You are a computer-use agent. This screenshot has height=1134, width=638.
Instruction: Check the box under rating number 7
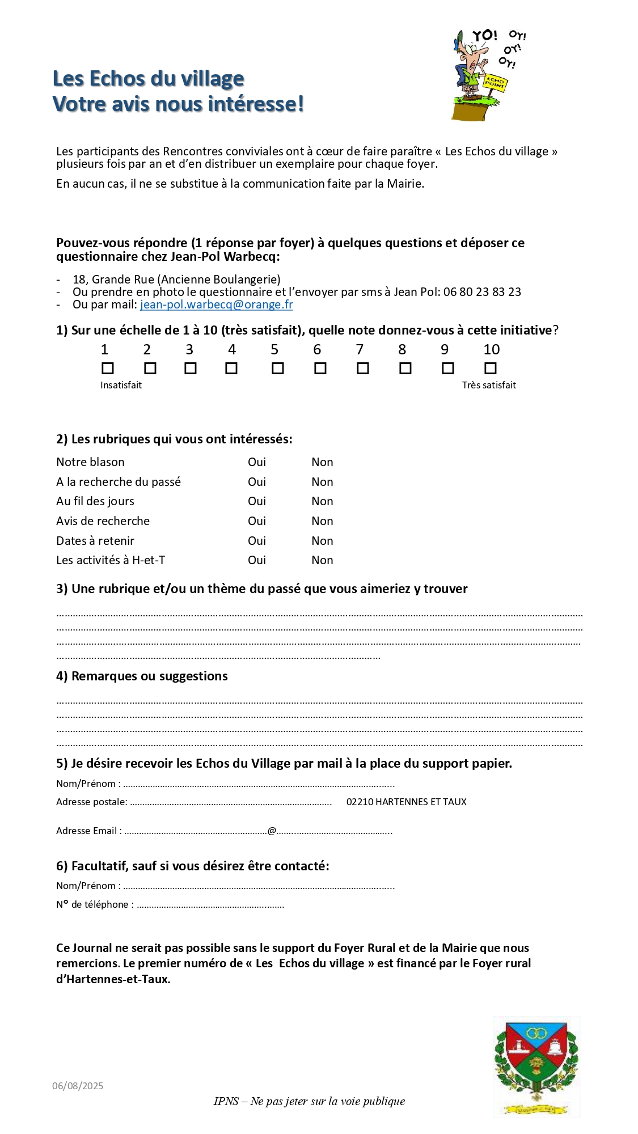click(x=362, y=369)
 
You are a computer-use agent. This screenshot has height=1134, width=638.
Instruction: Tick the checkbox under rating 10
click(x=490, y=369)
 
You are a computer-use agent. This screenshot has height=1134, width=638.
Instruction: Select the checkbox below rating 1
click(x=107, y=369)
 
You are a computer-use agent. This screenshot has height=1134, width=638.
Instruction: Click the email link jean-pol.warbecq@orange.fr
click(x=216, y=304)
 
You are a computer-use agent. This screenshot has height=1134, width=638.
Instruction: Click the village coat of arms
click(x=536, y=1066)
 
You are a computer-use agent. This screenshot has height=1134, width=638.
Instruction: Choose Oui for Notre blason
click(x=256, y=462)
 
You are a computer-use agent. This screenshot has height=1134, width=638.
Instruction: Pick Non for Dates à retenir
click(x=322, y=541)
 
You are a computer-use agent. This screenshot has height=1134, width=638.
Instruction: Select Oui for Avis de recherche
click(x=256, y=521)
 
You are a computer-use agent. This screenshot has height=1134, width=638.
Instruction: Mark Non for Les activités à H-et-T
click(x=322, y=560)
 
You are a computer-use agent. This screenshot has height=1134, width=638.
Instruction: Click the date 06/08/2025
click(x=78, y=1086)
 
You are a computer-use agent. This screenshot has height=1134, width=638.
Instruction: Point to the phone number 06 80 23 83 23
click(x=482, y=292)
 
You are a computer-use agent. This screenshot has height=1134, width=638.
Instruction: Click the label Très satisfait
click(x=489, y=386)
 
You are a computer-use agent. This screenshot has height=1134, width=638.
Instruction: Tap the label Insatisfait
click(x=121, y=386)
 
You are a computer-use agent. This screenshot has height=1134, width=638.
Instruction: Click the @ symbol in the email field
click(x=272, y=831)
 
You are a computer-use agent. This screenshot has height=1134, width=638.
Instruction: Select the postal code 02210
click(x=360, y=802)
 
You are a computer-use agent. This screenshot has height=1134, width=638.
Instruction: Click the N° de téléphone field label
click(x=95, y=904)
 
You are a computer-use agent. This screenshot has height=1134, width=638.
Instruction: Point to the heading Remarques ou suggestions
click(x=149, y=676)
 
